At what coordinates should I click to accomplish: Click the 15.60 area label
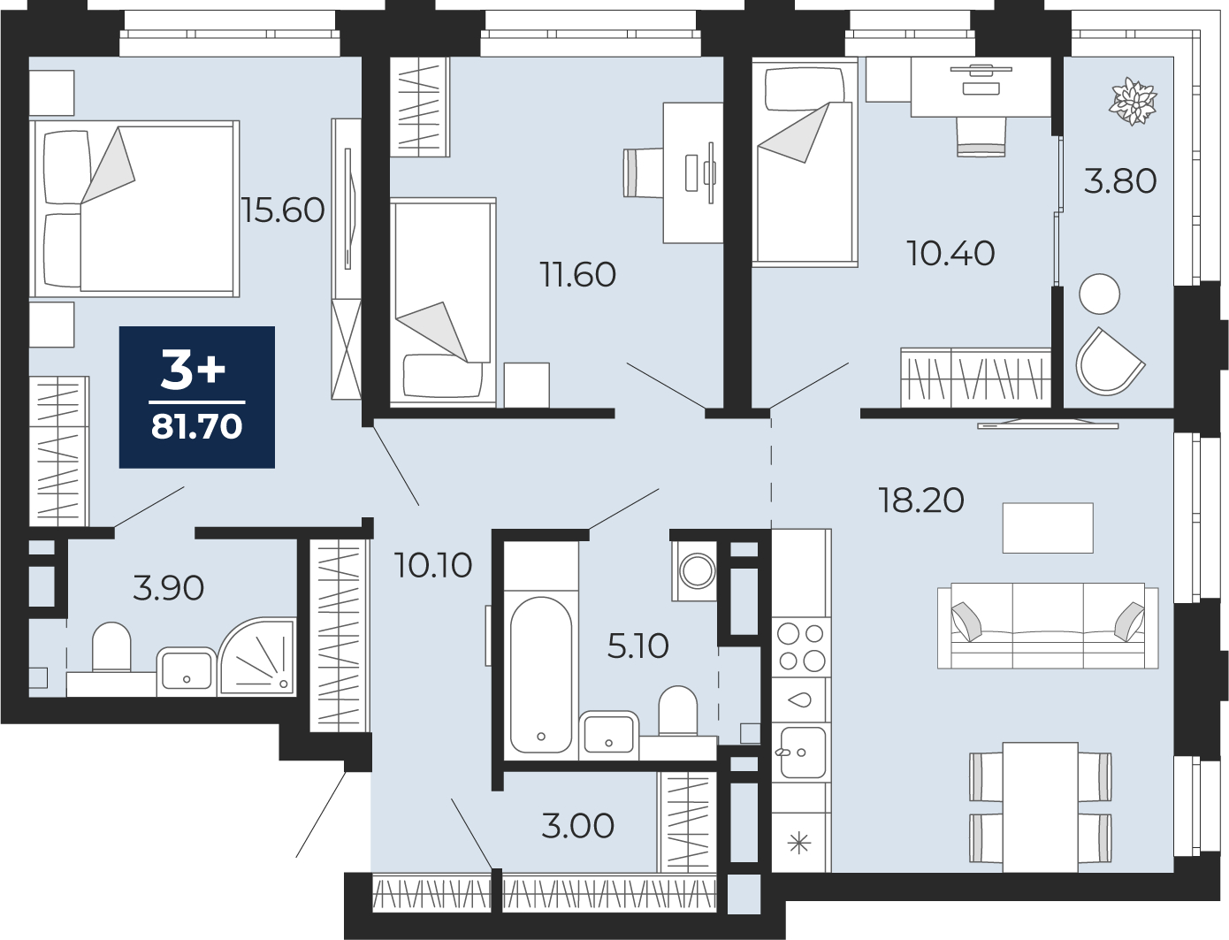(x=283, y=210)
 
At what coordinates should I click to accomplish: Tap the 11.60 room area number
(x=578, y=274)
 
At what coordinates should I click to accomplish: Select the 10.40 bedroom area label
(x=950, y=253)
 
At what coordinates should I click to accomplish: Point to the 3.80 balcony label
(x=1120, y=181)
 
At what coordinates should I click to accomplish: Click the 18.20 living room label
(x=921, y=500)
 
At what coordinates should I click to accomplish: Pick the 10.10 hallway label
(x=433, y=565)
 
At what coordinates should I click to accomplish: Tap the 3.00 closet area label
(x=578, y=826)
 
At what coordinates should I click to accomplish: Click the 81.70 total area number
(x=196, y=426)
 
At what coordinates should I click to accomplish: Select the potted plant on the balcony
(x=1133, y=102)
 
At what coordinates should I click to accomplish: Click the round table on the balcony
(x=1100, y=294)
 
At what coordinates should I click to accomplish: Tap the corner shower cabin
(x=257, y=657)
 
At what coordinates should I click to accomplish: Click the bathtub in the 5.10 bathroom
(x=541, y=674)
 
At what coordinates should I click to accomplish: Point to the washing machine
(x=695, y=571)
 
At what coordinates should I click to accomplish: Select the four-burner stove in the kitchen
(x=801, y=647)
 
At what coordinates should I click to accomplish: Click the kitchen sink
(x=802, y=753)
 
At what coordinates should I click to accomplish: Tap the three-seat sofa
(x=1048, y=625)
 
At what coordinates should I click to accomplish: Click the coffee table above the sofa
(x=1048, y=528)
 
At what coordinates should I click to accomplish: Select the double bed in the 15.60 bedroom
(x=134, y=209)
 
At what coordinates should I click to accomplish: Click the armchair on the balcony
(x=1109, y=362)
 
